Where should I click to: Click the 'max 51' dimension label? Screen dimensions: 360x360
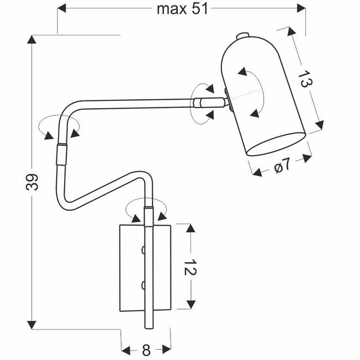[179, 8]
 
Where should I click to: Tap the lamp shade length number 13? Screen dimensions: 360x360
[305, 79]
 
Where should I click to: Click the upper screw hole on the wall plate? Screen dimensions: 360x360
[143, 248]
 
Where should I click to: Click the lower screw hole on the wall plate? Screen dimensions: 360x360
[143, 283]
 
